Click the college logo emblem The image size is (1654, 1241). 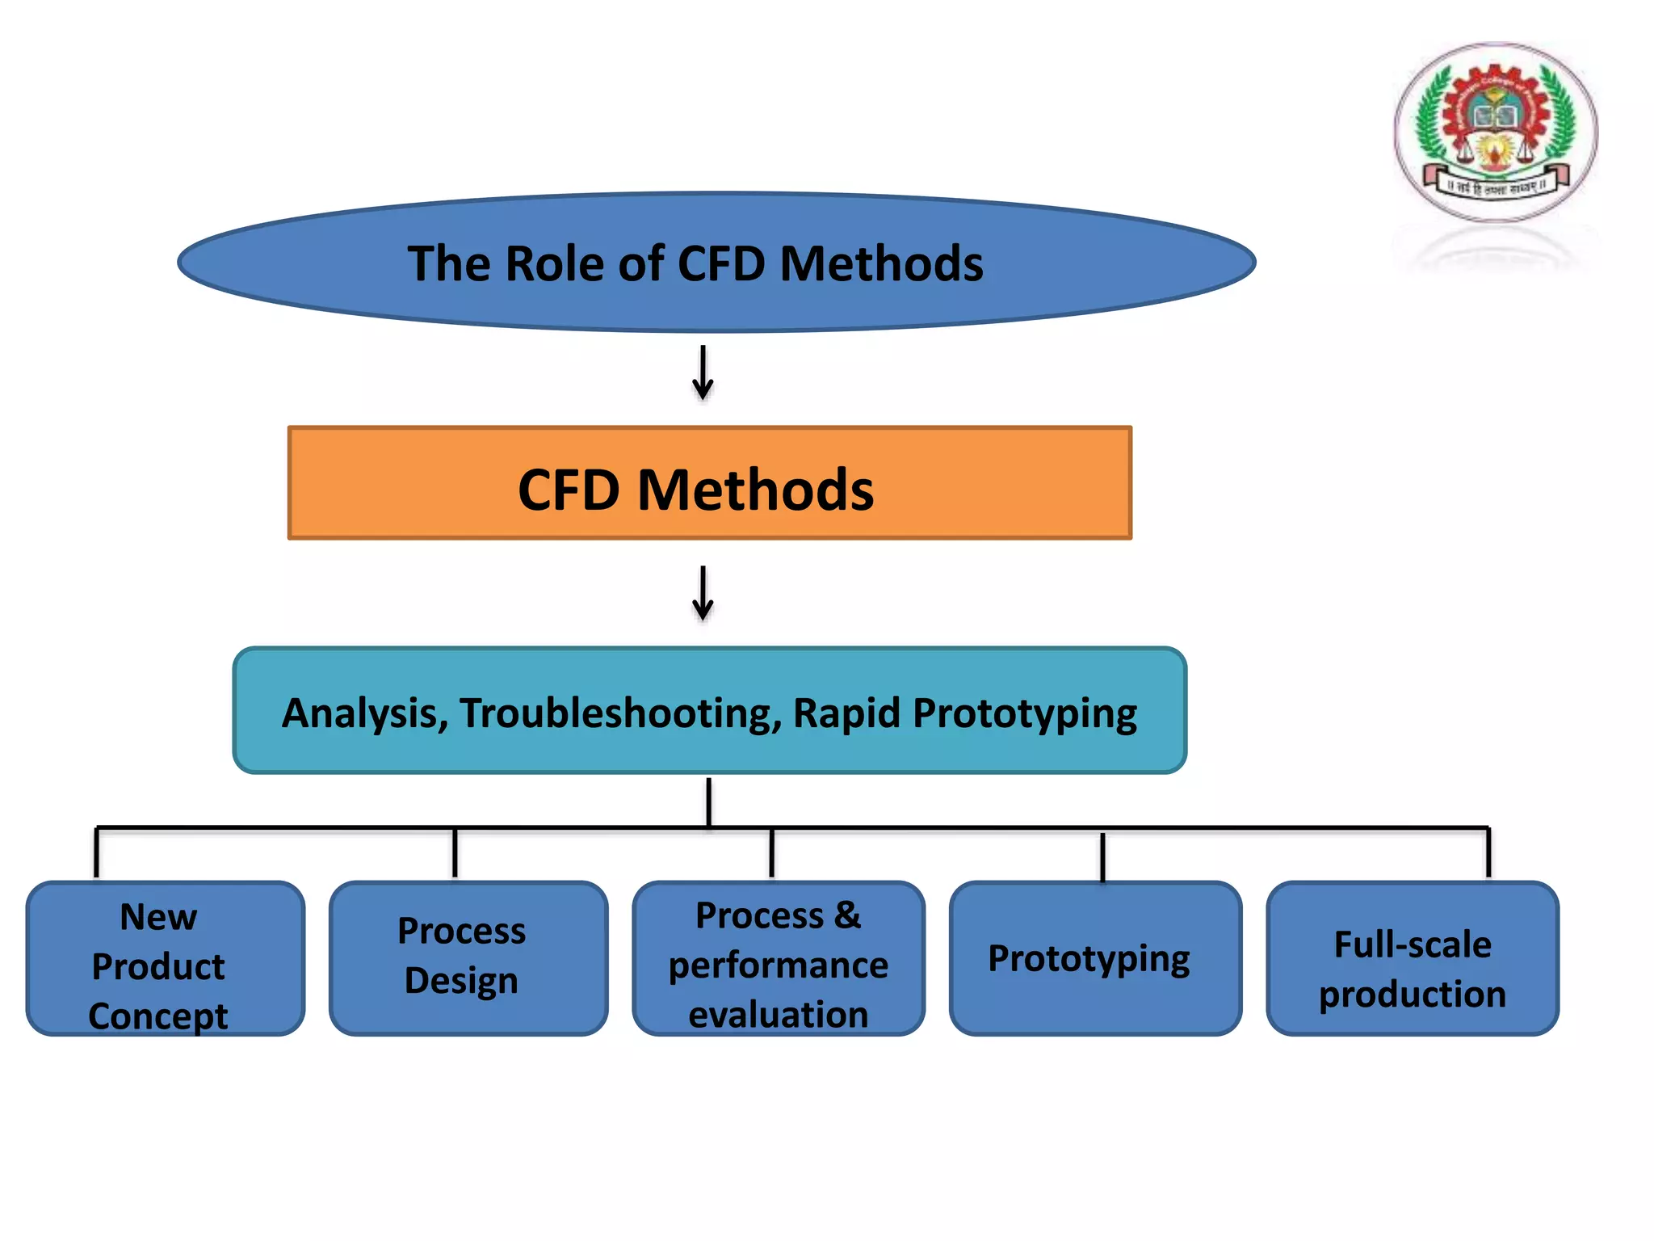1496,133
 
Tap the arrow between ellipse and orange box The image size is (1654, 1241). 703,373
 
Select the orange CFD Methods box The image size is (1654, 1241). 710,482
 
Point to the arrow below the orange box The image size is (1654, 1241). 703,593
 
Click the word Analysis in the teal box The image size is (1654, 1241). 364,714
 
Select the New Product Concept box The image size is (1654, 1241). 166,958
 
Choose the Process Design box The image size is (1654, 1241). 468,958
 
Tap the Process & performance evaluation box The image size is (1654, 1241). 779,958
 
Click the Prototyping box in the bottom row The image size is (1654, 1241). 1095,958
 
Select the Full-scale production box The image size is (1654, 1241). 1413,958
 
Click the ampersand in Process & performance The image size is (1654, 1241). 848,915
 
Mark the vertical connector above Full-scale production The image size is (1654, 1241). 1488,853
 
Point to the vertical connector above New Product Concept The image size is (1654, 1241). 97,853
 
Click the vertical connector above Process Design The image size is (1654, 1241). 455,853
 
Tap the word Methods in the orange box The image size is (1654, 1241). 755,490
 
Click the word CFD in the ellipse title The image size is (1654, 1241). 720,264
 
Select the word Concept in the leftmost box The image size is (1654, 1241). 158,1016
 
